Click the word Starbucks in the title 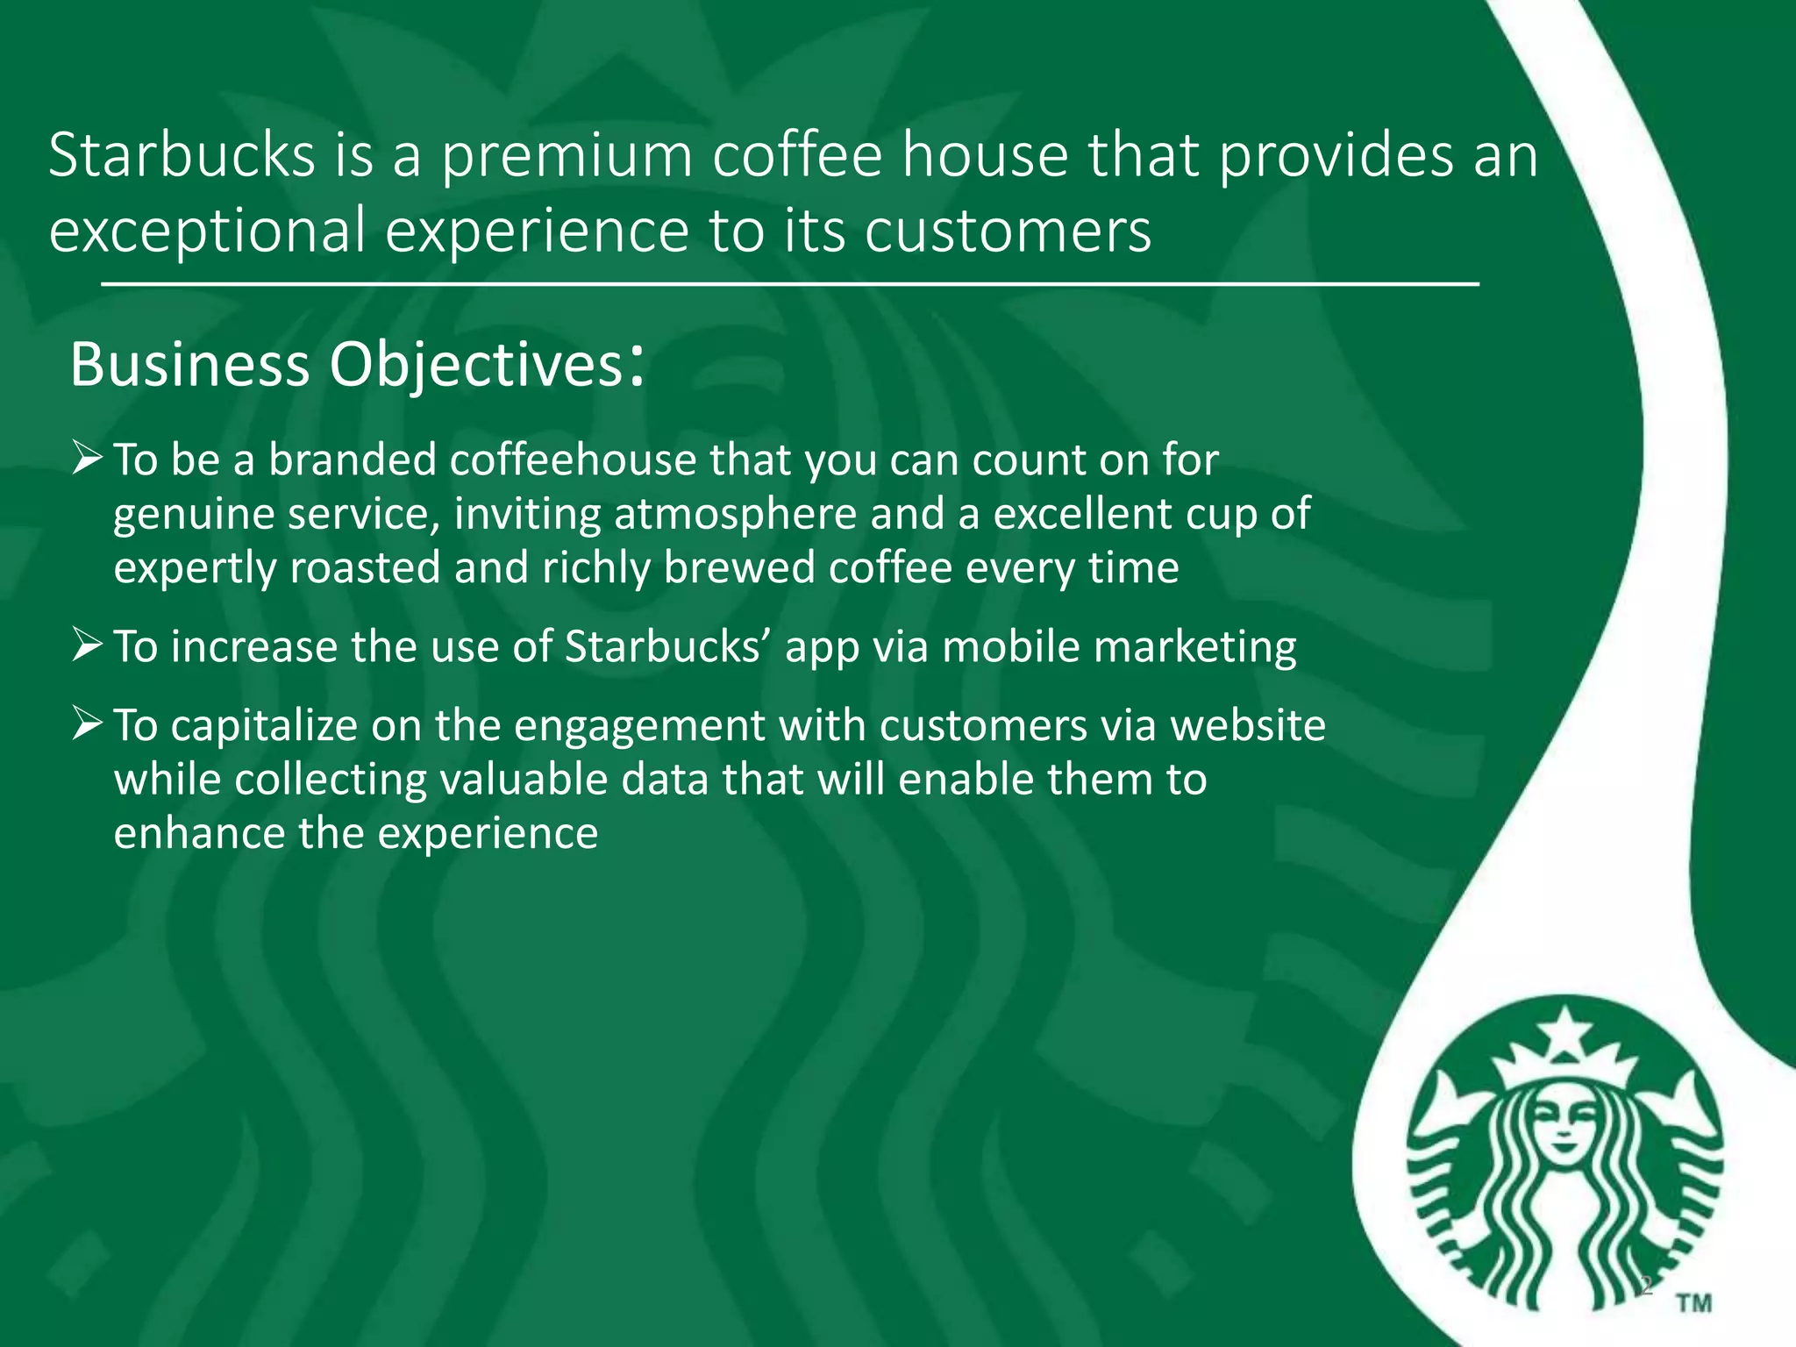click(x=182, y=156)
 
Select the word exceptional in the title click(x=207, y=231)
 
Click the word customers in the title click(x=1008, y=231)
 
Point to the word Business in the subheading click(x=189, y=365)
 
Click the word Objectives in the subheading click(x=474, y=365)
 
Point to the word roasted click(x=364, y=567)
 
